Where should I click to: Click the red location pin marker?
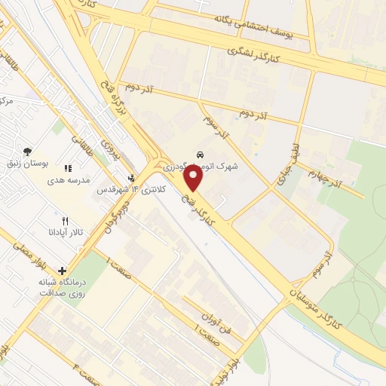194,178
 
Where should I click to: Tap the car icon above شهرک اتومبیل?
199,152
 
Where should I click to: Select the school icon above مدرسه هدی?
68,169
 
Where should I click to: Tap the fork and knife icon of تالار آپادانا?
65,221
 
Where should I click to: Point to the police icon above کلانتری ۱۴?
131,178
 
